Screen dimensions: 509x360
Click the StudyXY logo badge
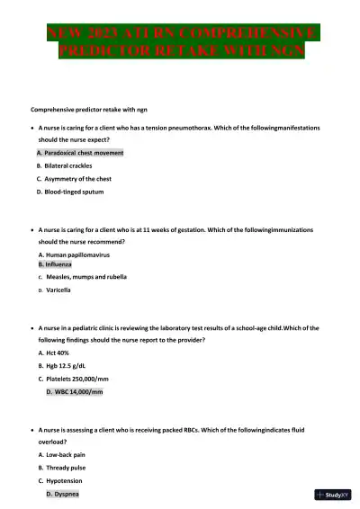(x=333, y=495)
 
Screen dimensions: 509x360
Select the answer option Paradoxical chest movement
(x=80, y=153)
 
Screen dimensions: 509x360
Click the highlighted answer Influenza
(x=59, y=264)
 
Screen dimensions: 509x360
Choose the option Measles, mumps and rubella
(x=85, y=277)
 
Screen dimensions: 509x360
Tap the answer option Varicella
(x=58, y=290)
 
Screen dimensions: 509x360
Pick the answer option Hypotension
(x=64, y=481)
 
